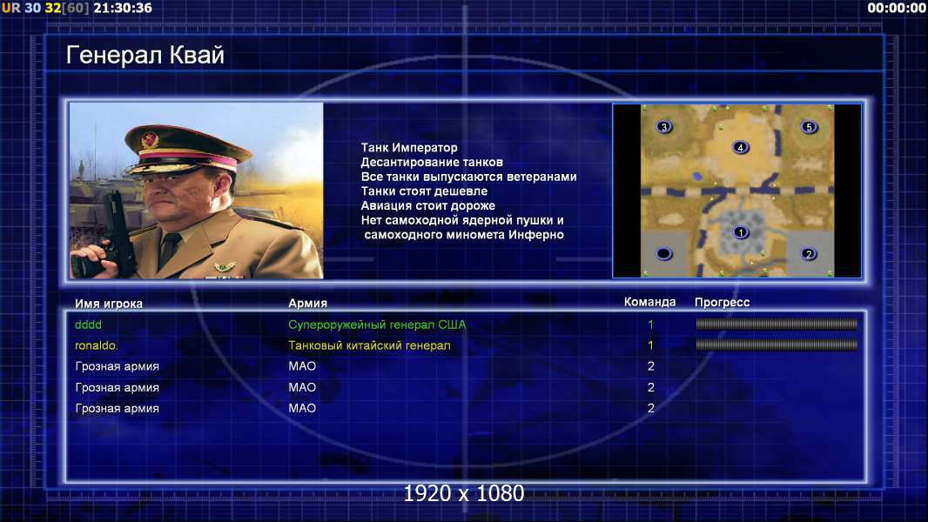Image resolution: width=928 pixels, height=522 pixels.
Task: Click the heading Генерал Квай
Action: pos(145,55)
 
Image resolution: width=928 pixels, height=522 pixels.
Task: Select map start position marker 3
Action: pos(664,126)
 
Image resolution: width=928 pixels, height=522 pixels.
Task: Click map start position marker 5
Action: pos(809,126)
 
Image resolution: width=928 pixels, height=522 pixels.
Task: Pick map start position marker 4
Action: pos(740,147)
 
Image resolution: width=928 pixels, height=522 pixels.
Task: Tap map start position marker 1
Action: pos(740,232)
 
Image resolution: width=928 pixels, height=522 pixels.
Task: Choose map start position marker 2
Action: pos(809,254)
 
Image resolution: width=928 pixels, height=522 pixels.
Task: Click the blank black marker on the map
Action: pos(664,254)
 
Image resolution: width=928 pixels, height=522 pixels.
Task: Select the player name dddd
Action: pos(88,325)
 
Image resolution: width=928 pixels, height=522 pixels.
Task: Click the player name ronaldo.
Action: pos(96,345)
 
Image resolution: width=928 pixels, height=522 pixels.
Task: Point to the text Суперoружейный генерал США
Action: pos(377,325)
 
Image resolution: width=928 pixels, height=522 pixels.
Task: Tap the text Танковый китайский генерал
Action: pos(369,345)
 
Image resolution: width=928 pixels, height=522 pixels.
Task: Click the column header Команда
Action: pos(649,302)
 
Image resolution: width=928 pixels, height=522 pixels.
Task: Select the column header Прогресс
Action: pos(722,303)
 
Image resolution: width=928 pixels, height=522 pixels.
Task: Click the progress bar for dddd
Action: pos(777,324)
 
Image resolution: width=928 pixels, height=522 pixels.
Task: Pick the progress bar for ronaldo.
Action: pos(777,345)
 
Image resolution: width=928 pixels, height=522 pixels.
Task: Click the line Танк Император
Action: pos(409,148)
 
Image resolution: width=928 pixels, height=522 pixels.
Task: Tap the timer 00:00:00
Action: pos(897,8)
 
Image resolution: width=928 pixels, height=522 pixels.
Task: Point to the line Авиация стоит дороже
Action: pos(428,205)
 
